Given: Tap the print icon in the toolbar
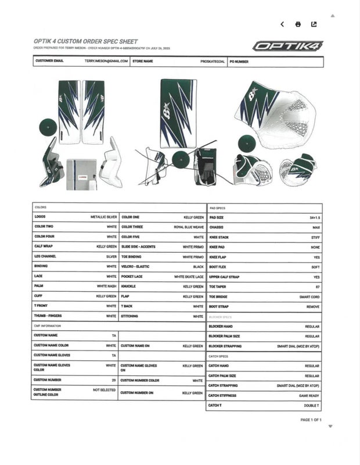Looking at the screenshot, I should pos(298,24).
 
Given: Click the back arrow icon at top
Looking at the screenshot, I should pos(282,24).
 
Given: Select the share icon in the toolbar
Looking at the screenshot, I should pos(314,24).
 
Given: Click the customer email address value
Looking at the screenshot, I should pos(106,61).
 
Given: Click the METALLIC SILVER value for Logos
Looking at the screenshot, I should pos(104,217).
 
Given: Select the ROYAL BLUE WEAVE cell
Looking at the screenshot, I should pos(189,227).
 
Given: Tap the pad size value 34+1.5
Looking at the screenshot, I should pos(313,217).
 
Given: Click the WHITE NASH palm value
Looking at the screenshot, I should pos(106,287).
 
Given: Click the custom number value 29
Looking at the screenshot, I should pos(114,380).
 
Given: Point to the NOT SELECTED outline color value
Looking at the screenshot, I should pos(105,390).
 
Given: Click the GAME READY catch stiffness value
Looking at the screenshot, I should pos(309,396).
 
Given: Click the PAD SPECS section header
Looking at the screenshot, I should pos(217,207).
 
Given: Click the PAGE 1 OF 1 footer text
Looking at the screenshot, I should pos(311,420).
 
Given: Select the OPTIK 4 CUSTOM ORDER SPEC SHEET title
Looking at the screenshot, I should pos(86,42).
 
